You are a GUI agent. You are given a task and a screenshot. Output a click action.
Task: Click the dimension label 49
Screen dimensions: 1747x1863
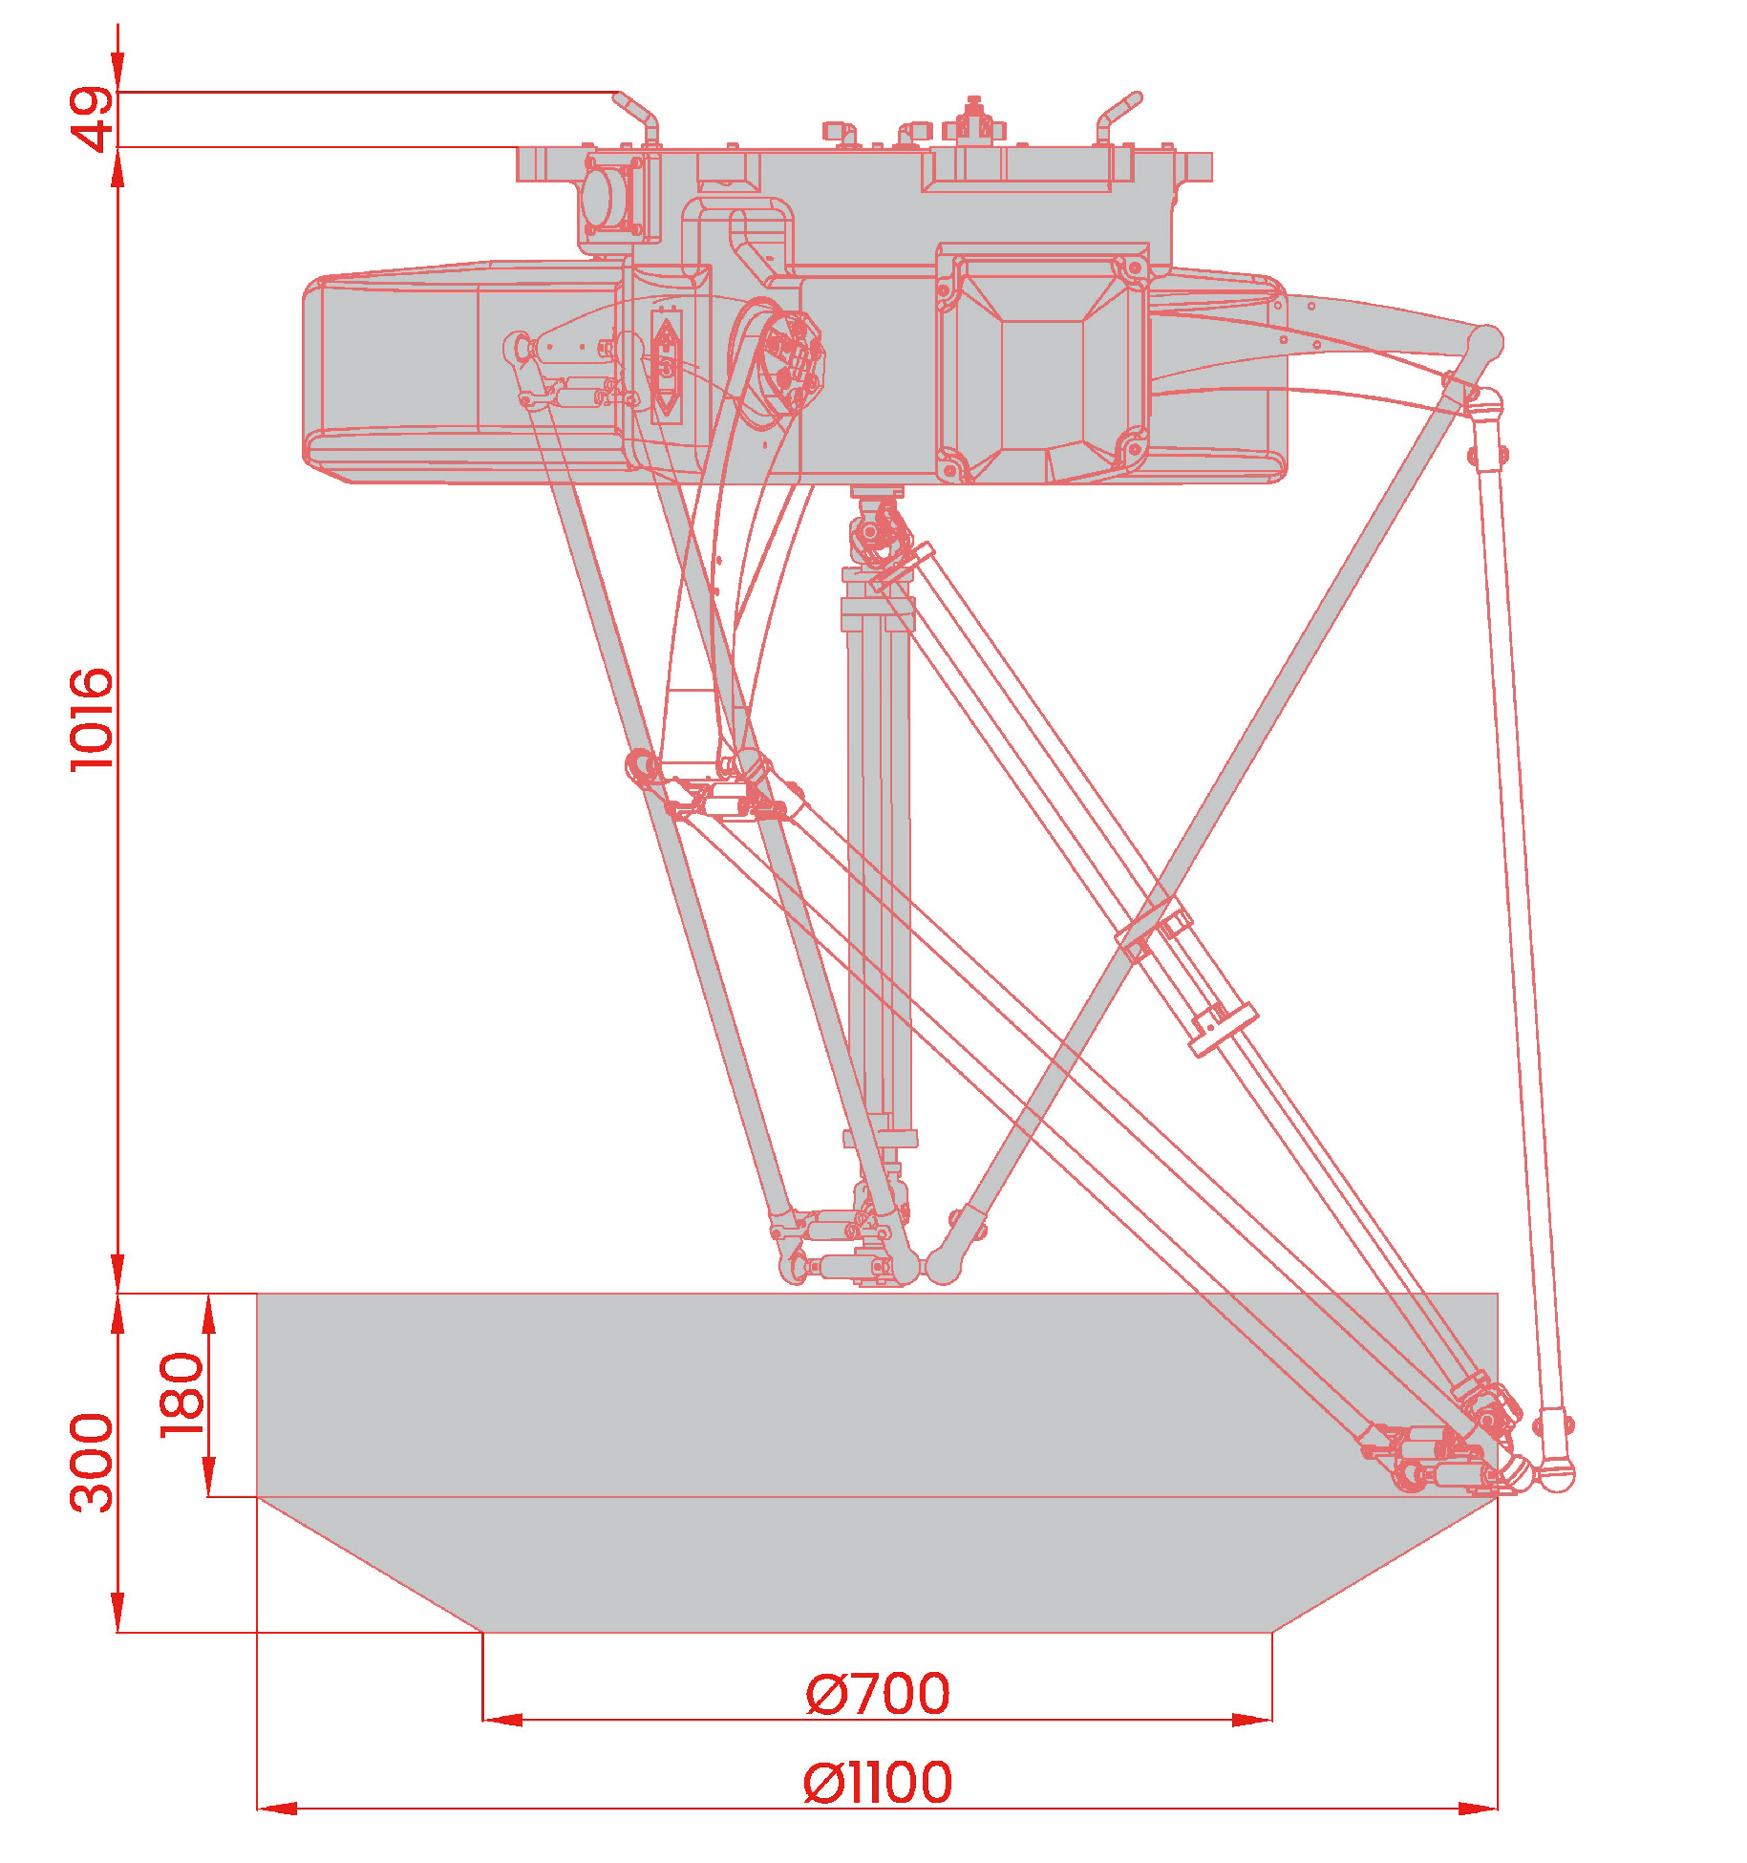(x=93, y=118)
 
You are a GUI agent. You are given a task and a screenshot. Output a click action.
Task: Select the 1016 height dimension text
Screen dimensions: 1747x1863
(x=93, y=719)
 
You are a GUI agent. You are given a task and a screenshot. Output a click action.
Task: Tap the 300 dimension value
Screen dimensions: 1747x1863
(x=93, y=1462)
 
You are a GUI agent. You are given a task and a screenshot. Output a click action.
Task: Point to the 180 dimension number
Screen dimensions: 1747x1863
(x=181, y=1394)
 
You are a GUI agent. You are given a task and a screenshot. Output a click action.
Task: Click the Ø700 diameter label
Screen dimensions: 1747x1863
(x=878, y=1694)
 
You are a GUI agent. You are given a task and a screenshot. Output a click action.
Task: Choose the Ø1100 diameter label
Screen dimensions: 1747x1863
(x=878, y=1783)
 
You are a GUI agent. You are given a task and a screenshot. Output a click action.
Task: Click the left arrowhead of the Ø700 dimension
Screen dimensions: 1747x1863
(x=502, y=1720)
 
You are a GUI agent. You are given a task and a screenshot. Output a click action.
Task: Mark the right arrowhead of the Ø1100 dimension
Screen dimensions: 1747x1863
(x=1478, y=1808)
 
